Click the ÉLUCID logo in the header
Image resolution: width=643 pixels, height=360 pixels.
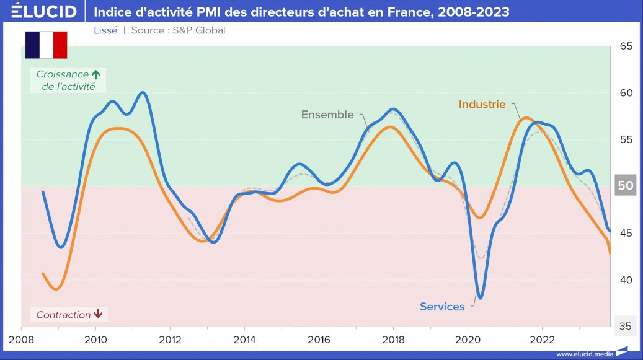tap(43, 12)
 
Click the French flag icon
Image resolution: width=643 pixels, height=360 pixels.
tap(46, 45)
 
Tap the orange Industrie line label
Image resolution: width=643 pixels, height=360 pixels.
tap(482, 105)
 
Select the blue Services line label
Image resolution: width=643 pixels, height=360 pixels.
tap(441, 307)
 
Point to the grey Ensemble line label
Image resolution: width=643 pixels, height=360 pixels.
tap(327, 115)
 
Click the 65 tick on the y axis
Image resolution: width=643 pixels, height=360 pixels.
tap(626, 46)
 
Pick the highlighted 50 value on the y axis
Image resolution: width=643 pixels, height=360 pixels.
tap(626, 185)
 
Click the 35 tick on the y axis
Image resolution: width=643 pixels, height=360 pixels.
tap(626, 326)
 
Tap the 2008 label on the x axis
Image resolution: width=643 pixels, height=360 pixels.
tap(21, 340)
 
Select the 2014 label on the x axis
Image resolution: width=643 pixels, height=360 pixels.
tap(244, 340)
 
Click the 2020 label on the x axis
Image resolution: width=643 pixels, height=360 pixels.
tap(467, 340)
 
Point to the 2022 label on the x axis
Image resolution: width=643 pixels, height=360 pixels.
tap(541, 340)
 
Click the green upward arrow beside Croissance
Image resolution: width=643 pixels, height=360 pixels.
tap(95, 74)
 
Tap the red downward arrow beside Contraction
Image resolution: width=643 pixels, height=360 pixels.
tap(98, 315)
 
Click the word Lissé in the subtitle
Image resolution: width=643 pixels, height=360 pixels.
tap(105, 30)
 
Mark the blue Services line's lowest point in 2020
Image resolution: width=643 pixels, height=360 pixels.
tap(480, 299)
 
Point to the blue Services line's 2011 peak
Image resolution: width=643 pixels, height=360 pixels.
tap(143, 92)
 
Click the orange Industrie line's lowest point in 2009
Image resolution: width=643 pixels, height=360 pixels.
tap(56, 289)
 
